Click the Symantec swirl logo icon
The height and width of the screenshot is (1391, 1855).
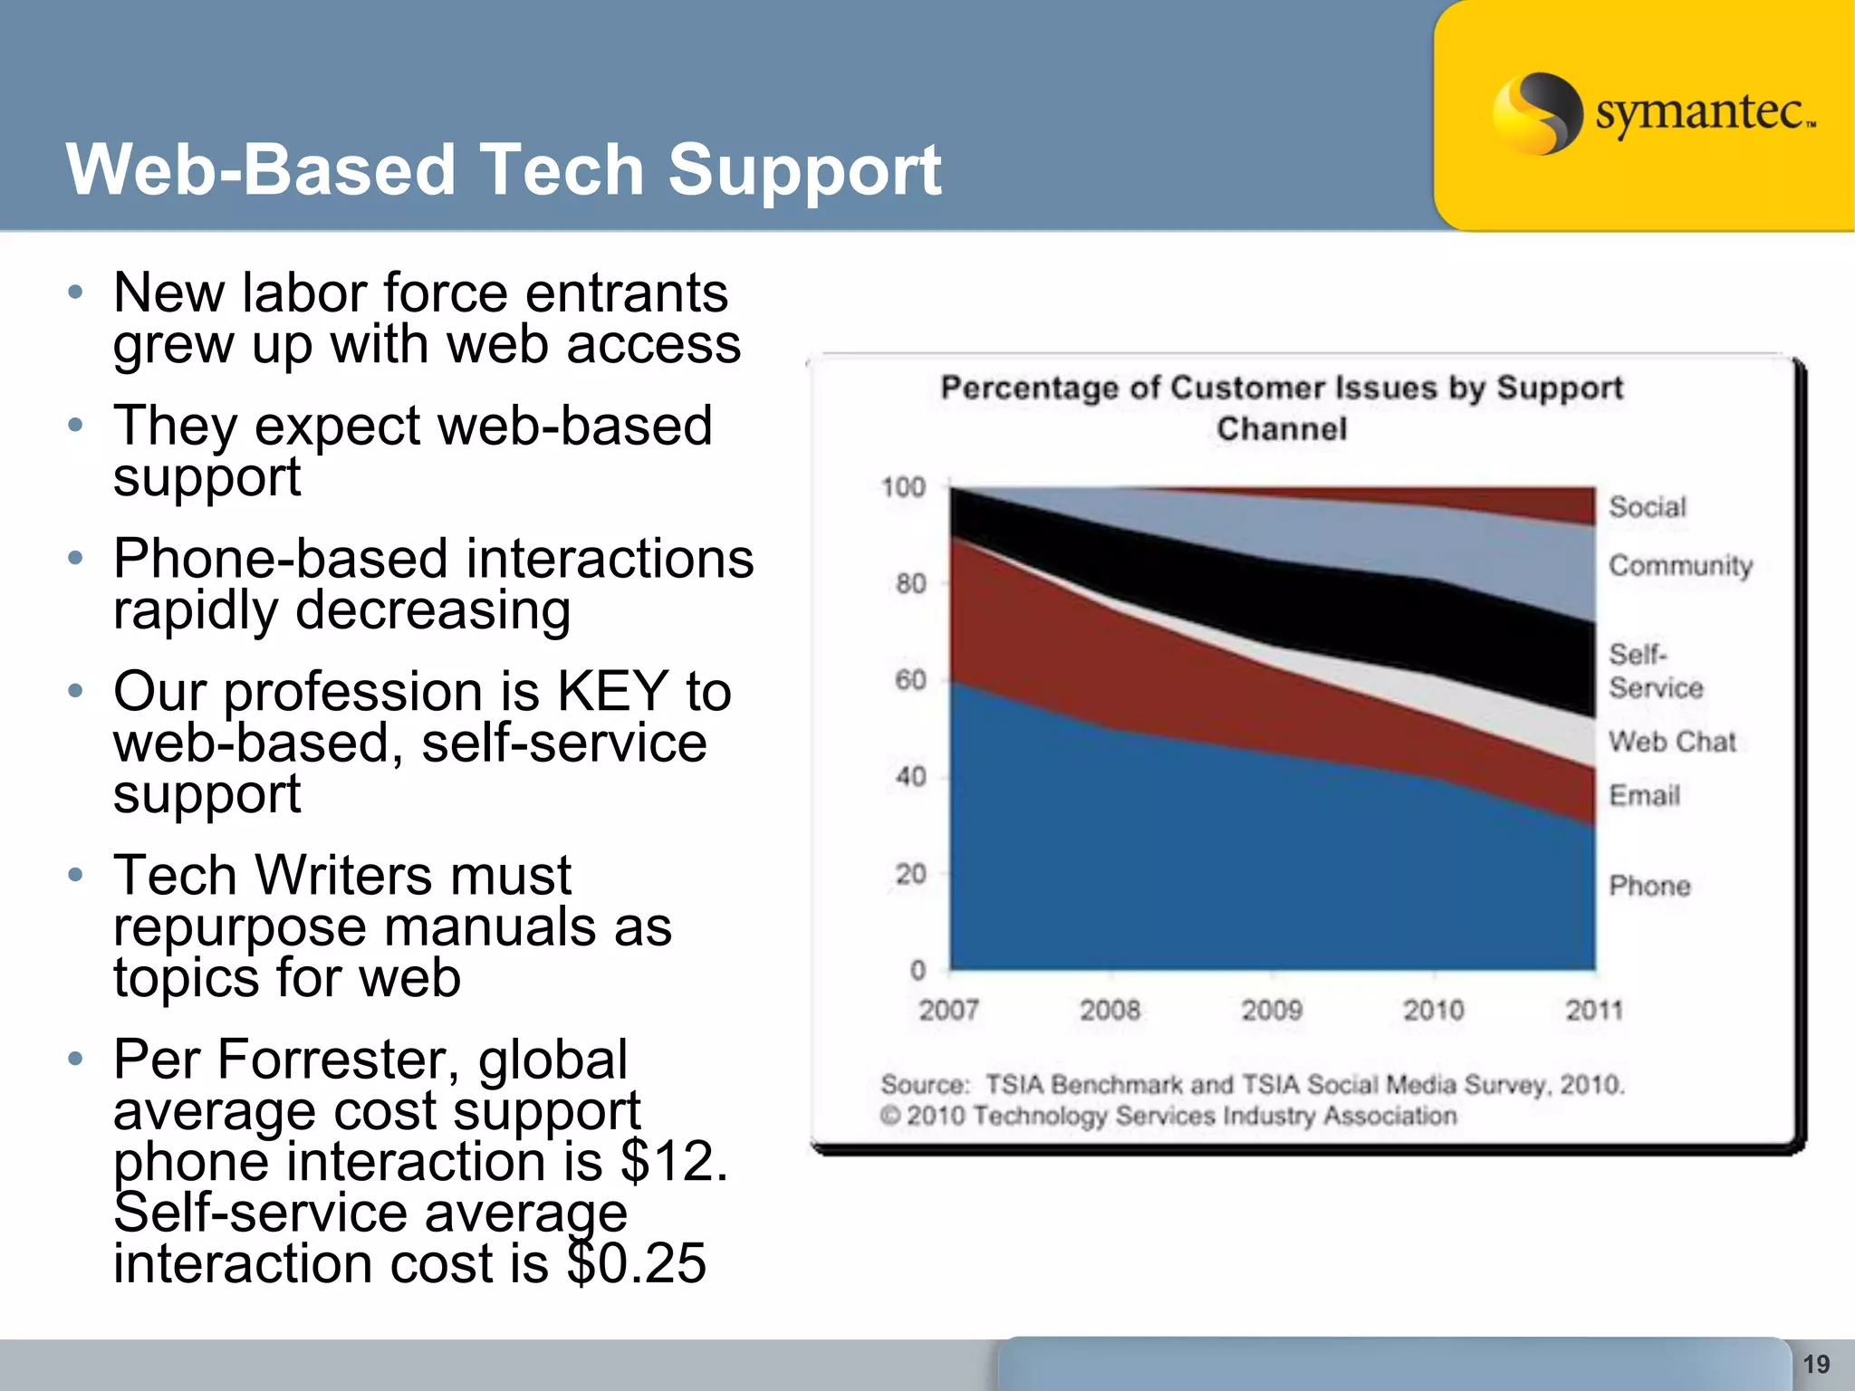tap(1536, 113)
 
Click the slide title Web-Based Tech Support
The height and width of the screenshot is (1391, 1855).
tap(503, 169)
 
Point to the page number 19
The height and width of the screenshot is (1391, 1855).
tap(1816, 1364)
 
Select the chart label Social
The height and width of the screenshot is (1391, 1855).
tap(1647, 507)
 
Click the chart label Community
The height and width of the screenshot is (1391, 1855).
tap(1680, 566)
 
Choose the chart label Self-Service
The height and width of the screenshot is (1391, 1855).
tap(1655, 671)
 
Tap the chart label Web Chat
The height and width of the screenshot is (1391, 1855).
tap(1672, 742)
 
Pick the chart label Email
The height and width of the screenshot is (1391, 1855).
tap(1644, 796)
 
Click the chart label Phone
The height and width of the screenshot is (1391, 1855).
tap(1649, 886)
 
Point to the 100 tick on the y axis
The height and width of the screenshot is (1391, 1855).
tap(903, 487)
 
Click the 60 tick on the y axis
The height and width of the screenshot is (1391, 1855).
tap(910, 680)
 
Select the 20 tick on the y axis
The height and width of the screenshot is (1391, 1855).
tap(910, 874)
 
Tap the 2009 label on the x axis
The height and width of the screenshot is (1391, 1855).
tap(1272, 1010)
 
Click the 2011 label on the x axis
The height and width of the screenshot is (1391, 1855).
tap(1594, 1010)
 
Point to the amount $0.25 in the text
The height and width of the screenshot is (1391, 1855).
tap(636, 1263)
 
